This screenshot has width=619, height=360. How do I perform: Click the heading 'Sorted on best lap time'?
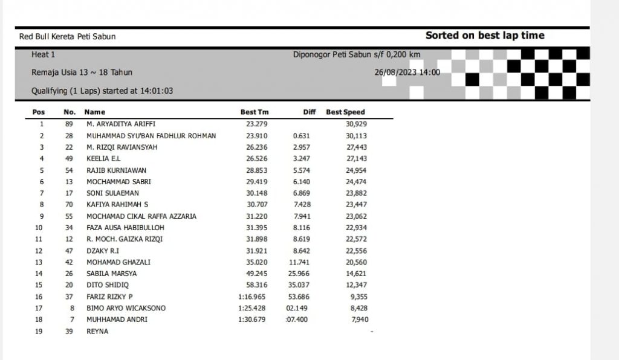(x=485, y=36)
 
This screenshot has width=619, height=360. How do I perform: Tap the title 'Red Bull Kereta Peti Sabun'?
(x=67, y=36)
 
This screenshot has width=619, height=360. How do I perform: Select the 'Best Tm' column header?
(x=254, y=112)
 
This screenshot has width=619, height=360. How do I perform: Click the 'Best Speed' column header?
(x=345, y=112)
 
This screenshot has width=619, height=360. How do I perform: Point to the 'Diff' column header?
(x=309, y=112)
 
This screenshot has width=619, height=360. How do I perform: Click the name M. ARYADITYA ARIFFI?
(x=121, y=124)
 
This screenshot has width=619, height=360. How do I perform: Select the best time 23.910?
(x=257, y=135)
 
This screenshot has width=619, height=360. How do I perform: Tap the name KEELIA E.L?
(x=103, y=158)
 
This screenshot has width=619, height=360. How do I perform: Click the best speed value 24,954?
(x=356, y=170)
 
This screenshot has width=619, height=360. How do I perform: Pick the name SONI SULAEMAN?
(x=112, y=193)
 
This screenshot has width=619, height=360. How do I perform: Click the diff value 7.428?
(x=300, y=205)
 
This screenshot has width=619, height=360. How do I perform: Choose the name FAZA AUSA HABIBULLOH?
(x=125, y=228)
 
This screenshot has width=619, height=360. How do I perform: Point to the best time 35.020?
(x=257, y=262)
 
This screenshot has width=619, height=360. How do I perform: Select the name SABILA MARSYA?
(x=111, y=274)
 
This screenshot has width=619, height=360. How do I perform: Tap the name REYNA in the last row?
(x=97, y=331)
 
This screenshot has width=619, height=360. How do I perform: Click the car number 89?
(x=69, y=124)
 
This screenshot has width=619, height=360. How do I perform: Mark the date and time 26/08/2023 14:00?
(x=407, y=72)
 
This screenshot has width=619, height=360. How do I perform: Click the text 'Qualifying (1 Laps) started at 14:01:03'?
(x=102, y=91)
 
